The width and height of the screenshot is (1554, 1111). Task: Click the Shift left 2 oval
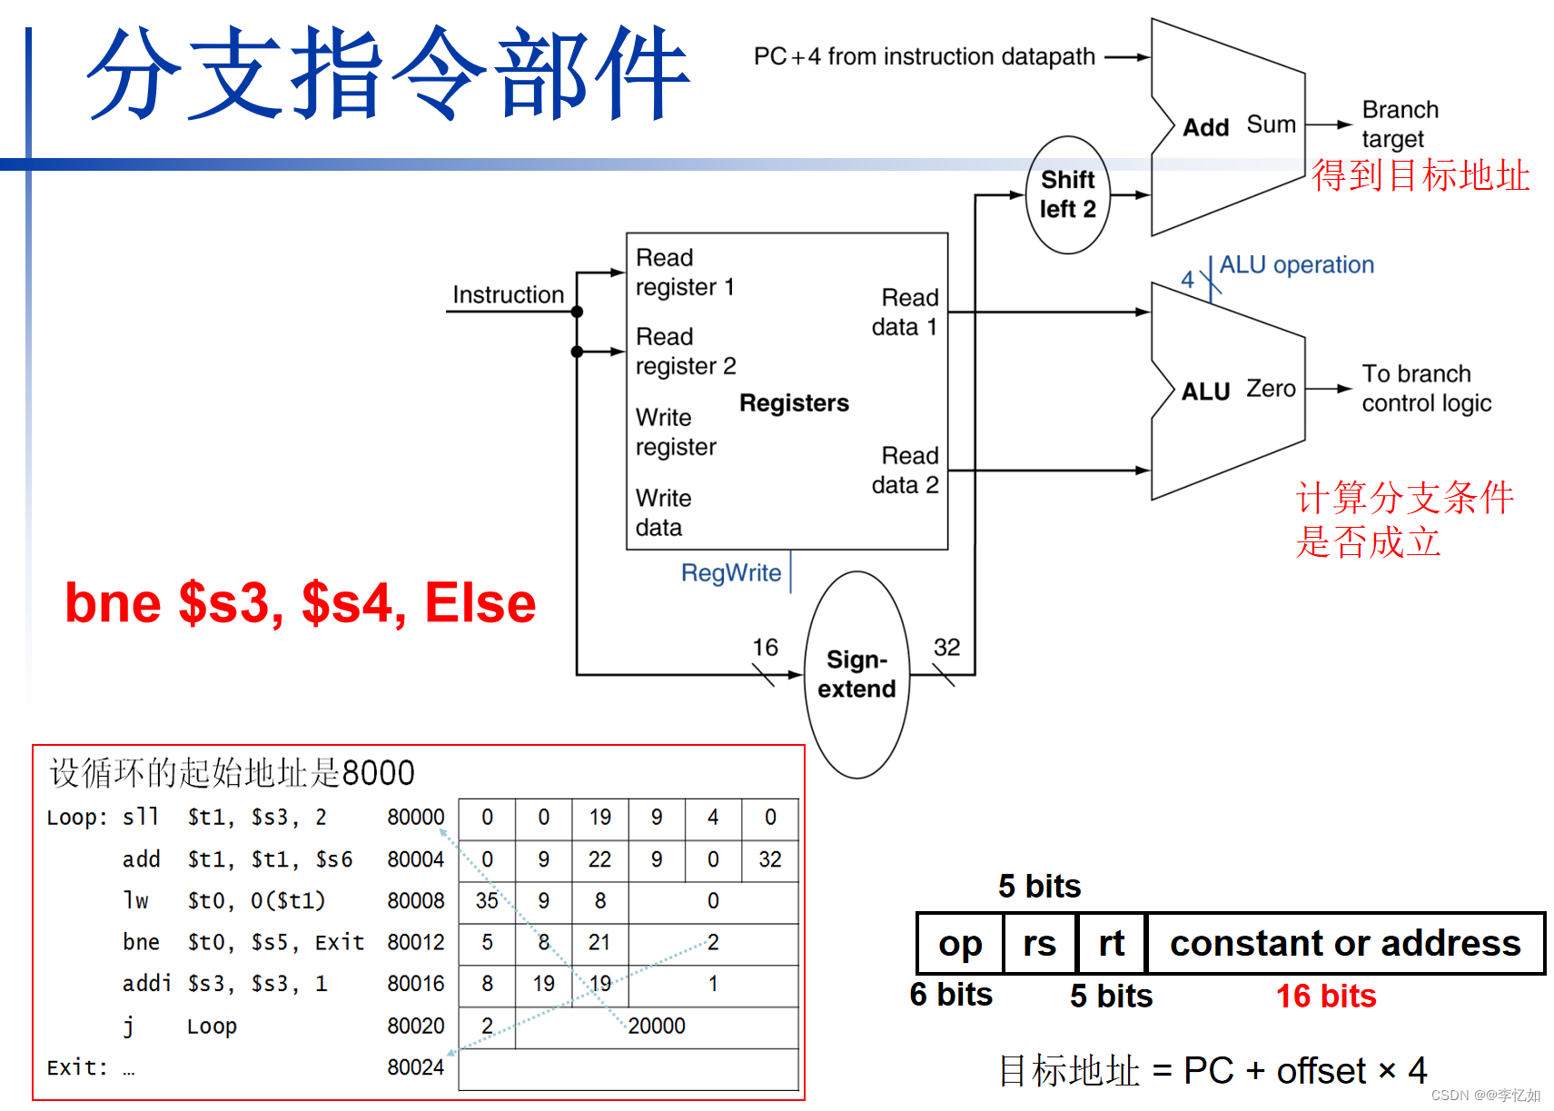point(1067,194)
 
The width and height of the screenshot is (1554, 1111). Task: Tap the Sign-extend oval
point(856,674)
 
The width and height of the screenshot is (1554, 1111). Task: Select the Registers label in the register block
point(794,402)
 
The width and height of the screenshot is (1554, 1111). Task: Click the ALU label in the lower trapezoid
point(1205,392)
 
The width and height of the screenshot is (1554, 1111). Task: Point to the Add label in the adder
point(1205,127)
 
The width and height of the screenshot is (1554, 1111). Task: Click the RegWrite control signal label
point(730,573)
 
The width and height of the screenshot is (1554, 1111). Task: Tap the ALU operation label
point(1296,265)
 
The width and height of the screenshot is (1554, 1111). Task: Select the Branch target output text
point(1399,124)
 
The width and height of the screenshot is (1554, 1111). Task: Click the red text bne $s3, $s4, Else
point(300,603)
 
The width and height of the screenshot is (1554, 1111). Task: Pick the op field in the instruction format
point(960,944)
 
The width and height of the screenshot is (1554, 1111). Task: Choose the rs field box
point(1039,944)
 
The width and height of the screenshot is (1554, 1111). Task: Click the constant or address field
point(1344,944)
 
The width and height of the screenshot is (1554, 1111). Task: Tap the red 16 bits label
point(1325,997)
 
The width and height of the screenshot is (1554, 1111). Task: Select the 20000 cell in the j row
point(656,1026)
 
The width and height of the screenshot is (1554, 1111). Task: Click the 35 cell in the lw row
point(487,900)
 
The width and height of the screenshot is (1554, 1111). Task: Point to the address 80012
point(415,942)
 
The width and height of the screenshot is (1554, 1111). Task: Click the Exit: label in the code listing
point(76,1067)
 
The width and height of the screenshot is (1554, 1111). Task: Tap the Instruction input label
point(508,295)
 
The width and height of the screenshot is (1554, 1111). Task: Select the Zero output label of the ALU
point(1270,389)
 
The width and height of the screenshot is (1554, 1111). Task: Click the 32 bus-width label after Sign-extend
point(946,647)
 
